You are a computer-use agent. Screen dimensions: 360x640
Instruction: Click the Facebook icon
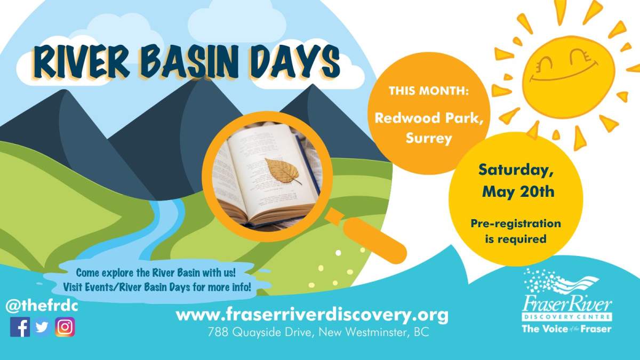(x=20, y=327)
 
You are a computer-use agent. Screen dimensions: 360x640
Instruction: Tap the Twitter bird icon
(x=42, y=327)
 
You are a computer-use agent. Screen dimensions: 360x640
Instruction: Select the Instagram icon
(x=65, y=327)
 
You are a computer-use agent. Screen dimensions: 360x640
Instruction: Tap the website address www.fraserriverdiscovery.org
(x=312, y=315)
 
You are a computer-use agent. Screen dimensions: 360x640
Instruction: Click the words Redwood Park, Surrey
(x=429, y=128)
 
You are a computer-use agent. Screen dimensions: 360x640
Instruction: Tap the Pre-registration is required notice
(x=516, y=231)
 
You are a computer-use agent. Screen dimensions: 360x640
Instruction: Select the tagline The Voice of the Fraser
(x=566, y=329)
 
